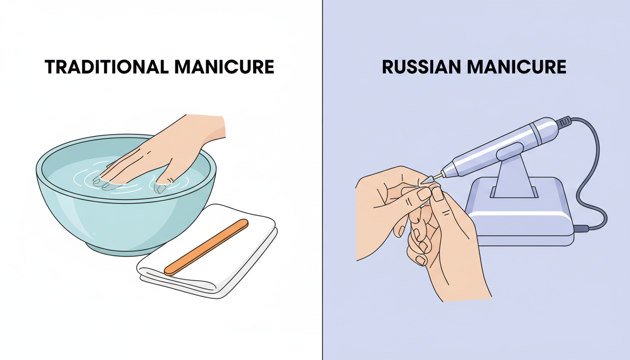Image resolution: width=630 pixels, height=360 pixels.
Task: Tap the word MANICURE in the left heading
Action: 224,67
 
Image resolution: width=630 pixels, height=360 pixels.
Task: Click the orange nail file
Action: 206,247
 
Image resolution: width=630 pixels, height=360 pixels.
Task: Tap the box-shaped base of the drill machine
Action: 520,220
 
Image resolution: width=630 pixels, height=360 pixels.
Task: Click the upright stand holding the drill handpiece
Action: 513,178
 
